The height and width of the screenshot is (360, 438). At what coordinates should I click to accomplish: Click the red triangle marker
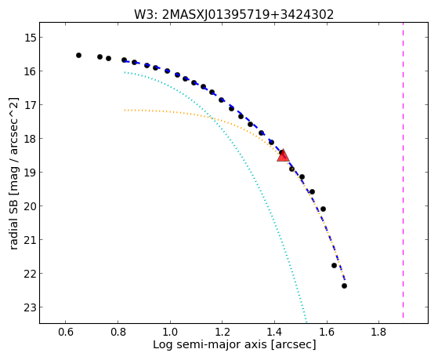[283, 156]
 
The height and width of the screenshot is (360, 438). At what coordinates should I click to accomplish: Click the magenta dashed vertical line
[403, 170]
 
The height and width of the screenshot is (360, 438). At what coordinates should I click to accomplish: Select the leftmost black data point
[79, 56]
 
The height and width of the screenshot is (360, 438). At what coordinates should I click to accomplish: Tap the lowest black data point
[345, 285]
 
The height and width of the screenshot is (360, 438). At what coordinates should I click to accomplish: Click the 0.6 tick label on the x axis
[65, 333]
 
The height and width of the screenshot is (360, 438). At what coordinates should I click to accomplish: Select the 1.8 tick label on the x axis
[378, 333]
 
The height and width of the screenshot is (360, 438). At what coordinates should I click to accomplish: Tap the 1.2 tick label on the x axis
[222, 333]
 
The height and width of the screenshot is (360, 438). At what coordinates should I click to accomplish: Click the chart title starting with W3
[234, 14]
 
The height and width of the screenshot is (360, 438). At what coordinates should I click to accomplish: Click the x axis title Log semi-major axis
[234, 344]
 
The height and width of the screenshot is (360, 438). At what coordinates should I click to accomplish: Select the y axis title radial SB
[14, 173]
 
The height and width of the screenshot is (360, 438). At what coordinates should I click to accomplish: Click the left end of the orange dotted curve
[125, 111]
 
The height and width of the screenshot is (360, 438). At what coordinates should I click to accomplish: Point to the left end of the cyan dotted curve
[125, 72]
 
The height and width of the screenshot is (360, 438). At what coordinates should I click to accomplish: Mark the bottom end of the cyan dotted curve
[306, 322]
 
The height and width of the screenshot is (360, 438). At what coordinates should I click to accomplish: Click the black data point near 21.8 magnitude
[334, 265]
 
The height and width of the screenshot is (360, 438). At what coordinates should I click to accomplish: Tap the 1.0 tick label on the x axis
[170, 333]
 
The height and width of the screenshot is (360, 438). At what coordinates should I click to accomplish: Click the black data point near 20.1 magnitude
[323, 209]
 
